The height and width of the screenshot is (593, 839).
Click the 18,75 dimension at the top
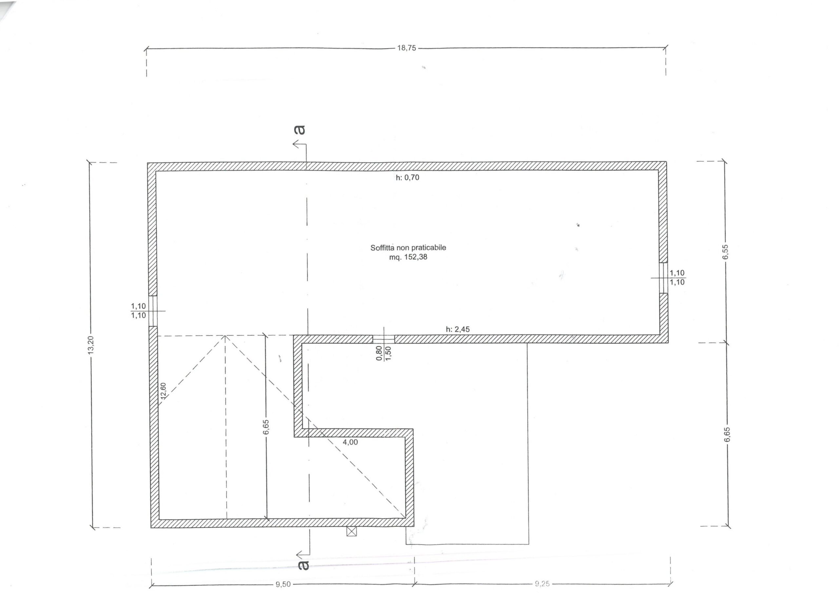[406, 48]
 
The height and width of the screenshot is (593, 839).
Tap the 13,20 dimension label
[91, 344]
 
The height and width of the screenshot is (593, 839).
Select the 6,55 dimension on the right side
[726, 251]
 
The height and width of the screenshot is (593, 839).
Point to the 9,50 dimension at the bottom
[283, 584]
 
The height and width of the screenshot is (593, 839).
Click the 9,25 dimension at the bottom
[542, 584]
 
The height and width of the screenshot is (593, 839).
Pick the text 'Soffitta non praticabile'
[408, 248]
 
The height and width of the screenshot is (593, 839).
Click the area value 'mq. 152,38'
[408, 257]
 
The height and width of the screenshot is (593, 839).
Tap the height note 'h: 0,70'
[407, 178]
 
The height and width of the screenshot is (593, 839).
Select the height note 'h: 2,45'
[458, 329]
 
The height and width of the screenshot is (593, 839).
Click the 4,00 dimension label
[350, 442]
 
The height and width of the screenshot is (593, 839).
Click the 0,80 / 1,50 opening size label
[384, 353]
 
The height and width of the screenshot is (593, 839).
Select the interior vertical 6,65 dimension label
[266, 427]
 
